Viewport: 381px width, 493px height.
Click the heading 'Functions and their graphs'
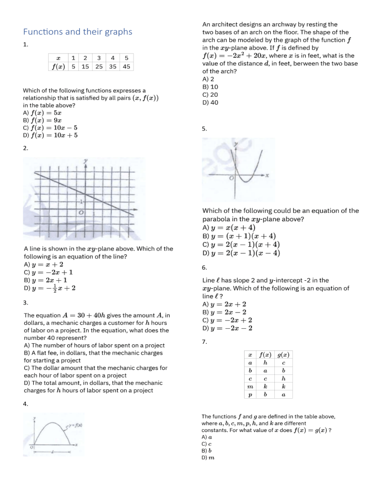pyautogui.click(x=78, y=32)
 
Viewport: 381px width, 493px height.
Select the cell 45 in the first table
pyautogui.click(x=127, y=66)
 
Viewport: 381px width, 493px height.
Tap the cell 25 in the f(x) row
pyautogui.click(x=99, y=66)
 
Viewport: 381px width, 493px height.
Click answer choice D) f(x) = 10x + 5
pyautogui.click(x=50, y=135)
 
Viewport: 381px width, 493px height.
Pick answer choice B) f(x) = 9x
pyautogui.click(x=44, y=120)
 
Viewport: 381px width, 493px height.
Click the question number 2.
pyautogui.click(x=26, y=148)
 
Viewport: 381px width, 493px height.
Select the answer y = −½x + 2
pyautogui.click(x=50, y=287)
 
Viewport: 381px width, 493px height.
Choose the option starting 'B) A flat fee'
pyautogui.click(x=93, y=353)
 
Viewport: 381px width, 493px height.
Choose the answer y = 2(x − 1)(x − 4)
pyautogui.click(x=242, y=253)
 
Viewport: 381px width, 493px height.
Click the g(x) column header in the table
pyautogui.click(x=283, y=355)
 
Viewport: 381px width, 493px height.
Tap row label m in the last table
pyautogui.click(x=250, y=386)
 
